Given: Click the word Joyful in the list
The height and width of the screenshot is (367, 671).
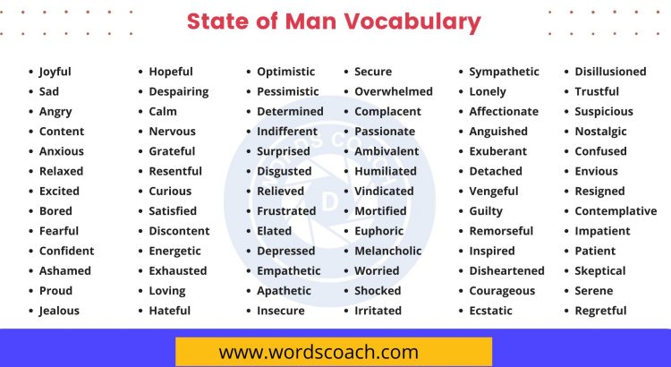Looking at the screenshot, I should (55, 72).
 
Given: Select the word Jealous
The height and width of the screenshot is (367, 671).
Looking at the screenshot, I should (59, 311).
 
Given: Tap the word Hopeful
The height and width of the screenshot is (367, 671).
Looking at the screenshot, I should (171, 72).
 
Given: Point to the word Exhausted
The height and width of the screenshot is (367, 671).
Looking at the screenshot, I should (177, 270).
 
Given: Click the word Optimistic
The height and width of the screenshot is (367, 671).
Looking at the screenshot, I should (286, 72).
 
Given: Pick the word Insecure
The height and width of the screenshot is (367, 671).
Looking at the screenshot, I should (281, 311).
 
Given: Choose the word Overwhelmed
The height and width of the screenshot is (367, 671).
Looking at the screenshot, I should (394, 91).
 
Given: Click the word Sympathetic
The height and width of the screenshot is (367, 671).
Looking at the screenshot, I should (505, 72).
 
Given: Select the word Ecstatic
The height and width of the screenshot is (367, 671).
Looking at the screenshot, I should (491, 311).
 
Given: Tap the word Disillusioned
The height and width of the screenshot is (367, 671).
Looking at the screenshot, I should (610, 72).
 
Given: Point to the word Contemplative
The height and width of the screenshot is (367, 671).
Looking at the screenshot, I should (616, 211).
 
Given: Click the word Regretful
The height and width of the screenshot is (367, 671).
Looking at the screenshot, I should (600, 311).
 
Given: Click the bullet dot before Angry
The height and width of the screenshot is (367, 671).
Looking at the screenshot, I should (30, 112).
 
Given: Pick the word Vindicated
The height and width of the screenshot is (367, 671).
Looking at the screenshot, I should (384, 191).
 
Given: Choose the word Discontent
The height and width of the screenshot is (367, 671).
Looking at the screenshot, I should (179, 231).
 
